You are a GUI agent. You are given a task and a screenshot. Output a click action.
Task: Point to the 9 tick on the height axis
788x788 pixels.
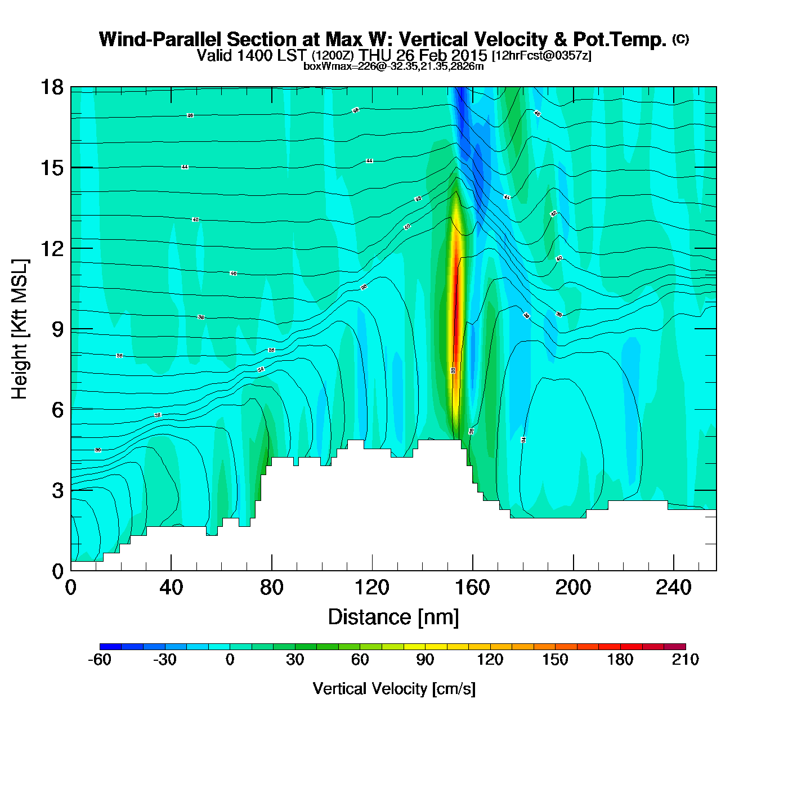pyautogui.click(x=58, y=329)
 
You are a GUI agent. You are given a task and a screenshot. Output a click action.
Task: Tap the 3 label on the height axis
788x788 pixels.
pyautogui.click(x=58, y=491)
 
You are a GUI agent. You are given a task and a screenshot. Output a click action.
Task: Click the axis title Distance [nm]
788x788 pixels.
pyautogui.click(x=393, y=617)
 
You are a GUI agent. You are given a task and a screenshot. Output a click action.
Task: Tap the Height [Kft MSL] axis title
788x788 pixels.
pyautogui.click(x=20, y=329)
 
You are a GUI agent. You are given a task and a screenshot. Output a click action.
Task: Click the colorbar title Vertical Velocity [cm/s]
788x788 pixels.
pyautogui.click(x=394, y=689)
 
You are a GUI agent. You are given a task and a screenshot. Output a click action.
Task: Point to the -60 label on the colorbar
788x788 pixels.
pyautogui.click(x=100, y=660)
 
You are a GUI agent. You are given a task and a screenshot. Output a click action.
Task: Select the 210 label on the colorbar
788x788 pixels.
pyautogui.click(x=686, y=660)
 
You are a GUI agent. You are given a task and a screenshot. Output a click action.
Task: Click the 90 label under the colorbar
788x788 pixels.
pyautogui.click(x=425, y=660)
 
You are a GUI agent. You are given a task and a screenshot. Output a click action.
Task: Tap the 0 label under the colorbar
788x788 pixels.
pyautogui.click(x=230, y=660)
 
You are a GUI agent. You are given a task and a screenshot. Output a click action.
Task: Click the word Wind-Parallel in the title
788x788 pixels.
pyautogui.click(x=160, y=40)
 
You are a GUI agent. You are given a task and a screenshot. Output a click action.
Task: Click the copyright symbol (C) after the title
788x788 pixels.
pyautogui.click(x=680, y=39)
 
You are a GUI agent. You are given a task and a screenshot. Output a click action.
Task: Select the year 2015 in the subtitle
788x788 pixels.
pyautogui.click(x=469, y=56)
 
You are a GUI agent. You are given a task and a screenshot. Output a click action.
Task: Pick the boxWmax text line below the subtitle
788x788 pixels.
pyautogui.click(x=393, y=66)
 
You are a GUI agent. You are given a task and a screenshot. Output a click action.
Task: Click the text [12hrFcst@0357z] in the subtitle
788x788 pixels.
pyautogui.click(x=541, y=56)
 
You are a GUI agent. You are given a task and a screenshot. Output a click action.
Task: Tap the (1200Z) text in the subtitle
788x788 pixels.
pyautogui.click(x=333, y=56)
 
